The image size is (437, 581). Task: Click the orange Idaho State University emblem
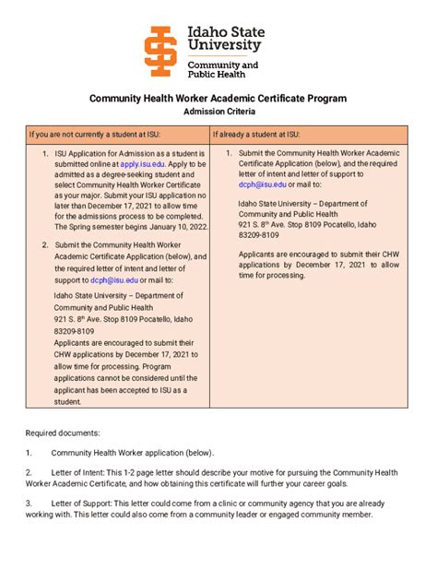[162, 51]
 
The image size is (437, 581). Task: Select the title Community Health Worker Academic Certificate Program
[218, 98]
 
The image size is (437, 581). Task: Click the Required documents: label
[64, 432]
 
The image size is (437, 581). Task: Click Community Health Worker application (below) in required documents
[132, 453]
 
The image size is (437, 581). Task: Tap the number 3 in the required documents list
[29, 504]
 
